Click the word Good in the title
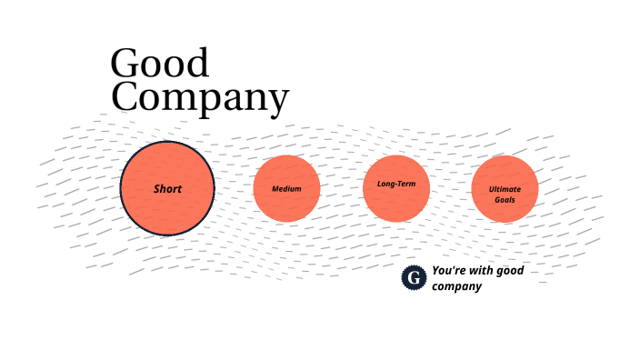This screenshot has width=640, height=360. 159,64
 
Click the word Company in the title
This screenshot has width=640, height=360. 200,98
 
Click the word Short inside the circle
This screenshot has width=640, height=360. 167,189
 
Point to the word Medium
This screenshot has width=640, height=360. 286,189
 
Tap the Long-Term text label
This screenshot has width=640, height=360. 395,185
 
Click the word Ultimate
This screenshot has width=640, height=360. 505,188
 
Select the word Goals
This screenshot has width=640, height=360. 505,198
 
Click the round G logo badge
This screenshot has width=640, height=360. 414,278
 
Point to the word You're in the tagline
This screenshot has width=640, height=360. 448,271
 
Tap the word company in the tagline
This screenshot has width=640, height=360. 456,286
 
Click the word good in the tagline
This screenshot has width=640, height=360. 509,271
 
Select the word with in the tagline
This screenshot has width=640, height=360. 479,271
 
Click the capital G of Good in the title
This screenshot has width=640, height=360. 125,64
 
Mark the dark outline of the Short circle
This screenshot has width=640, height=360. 122,189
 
